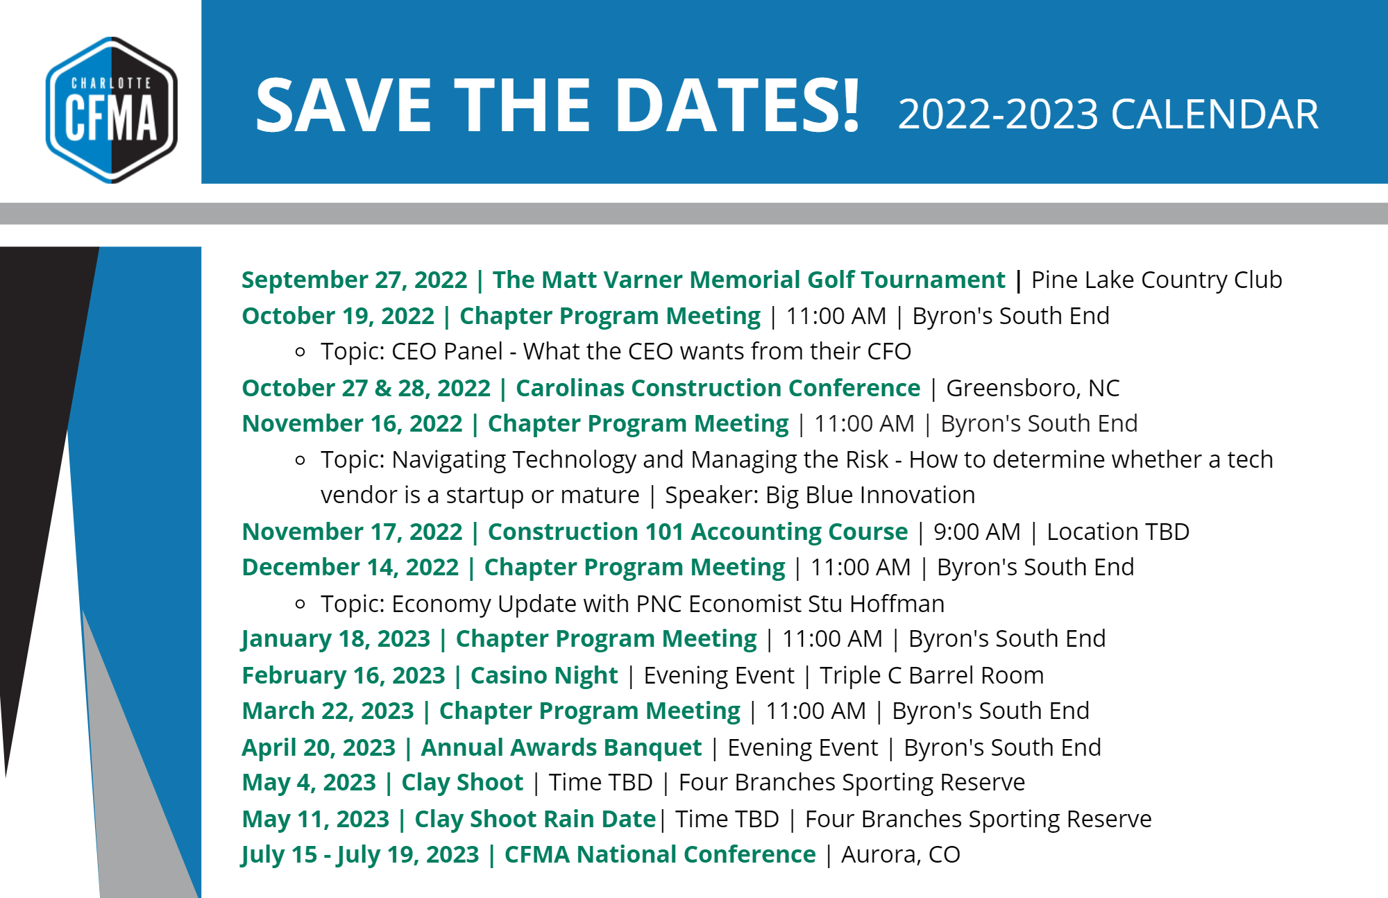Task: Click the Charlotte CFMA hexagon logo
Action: pyautogui.click(x=111, y=110)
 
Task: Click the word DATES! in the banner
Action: pyautogui.click(x=737, y=105)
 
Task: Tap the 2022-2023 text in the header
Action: pyautogui.click(x=998, y=115)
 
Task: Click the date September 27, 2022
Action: pyautogui.click(x=355, y=280)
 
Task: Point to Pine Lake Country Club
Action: pyautogui.click(x=1156, y=280)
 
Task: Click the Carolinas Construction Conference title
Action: pyautogui.click(x=718, y=388)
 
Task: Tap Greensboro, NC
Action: pyautogui.click(x=1033, y=389)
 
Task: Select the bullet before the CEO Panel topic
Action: pyautogui.click(x=300, y=352)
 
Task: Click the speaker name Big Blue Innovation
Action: pyautogui.click(x=870, y=495)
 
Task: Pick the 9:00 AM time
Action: pyautogui.click(x=977, y=532)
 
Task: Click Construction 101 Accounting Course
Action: pyautogui.click(x=697, y=532)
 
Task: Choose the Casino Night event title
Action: pyautogui.click(x=544, y=676)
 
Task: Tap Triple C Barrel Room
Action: pyautogui.click(x=931, y=676)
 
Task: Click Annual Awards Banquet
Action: pyautogui.click(x=561, y=748)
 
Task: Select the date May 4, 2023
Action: pyautogui.click(x=309, y=783)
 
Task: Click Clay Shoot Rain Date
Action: pyautogui.click(x=535, y=820)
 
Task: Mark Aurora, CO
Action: pyautogui.click(x=901, y=855)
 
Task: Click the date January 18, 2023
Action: pyautogui.click(x=336, y=639)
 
